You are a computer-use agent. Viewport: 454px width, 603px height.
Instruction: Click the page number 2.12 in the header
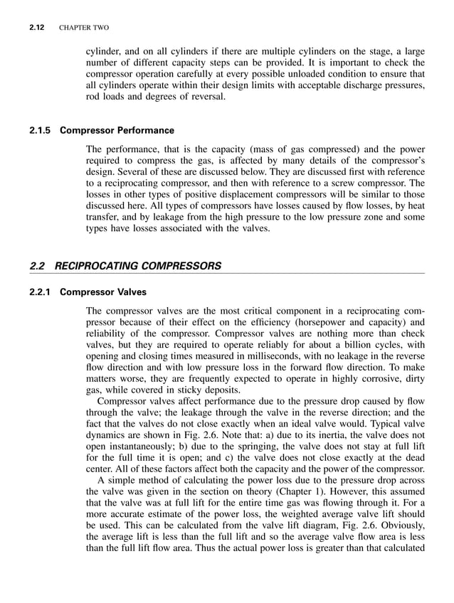coord(37,28)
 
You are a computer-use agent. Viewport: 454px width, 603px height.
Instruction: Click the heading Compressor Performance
coord(117,131)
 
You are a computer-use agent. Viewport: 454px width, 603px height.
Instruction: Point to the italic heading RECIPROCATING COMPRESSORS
coord(138,266)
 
